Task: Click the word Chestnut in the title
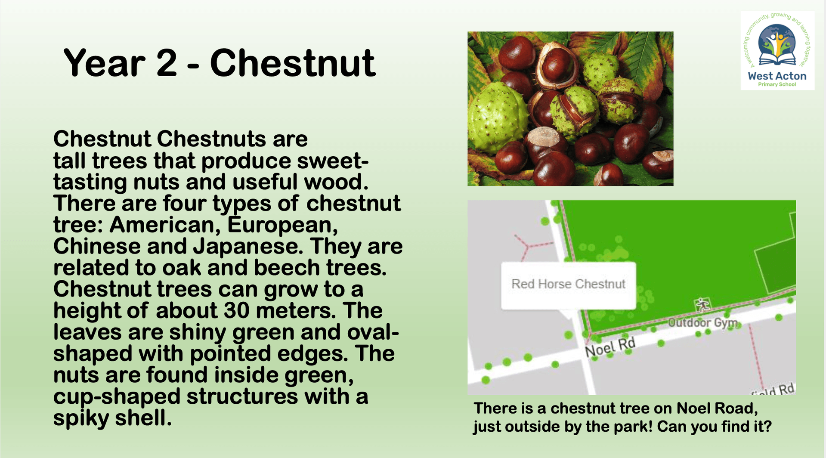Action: (x=293, y=63)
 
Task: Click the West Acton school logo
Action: (x=777, y=50)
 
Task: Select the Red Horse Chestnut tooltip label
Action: (x=568, y=284)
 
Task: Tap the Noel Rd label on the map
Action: (x=610, y=347)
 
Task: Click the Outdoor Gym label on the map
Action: (x=702, y=322)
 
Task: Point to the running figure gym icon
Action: (x=702, y=305)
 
